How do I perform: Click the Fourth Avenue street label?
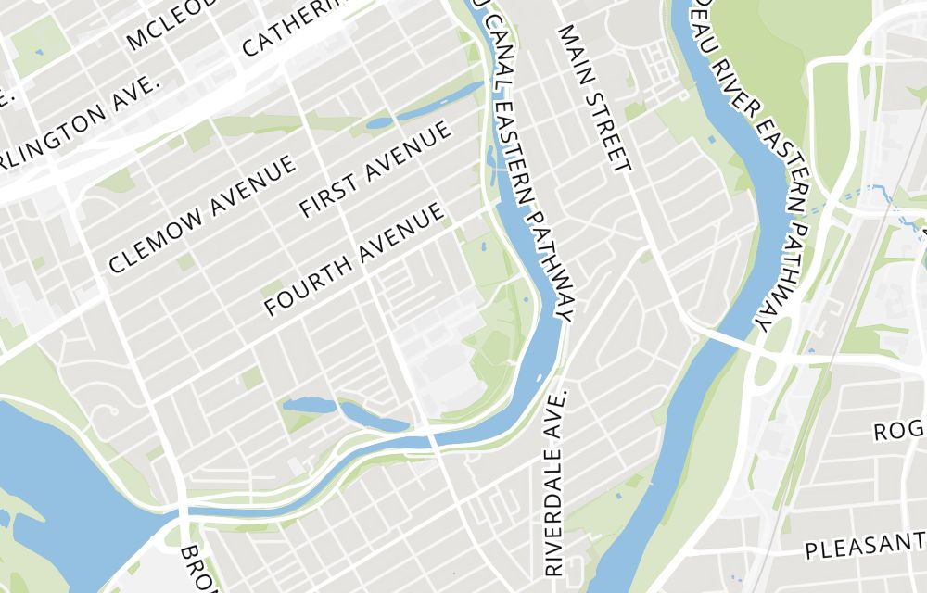[x=353, y=260]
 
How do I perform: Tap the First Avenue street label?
[x=375, y=169]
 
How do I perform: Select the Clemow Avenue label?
[x=202, y=213]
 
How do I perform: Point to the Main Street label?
[x=594, y=98]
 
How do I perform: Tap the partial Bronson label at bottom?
[x=197, y=567]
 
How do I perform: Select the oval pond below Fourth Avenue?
[x=309, y=406]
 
